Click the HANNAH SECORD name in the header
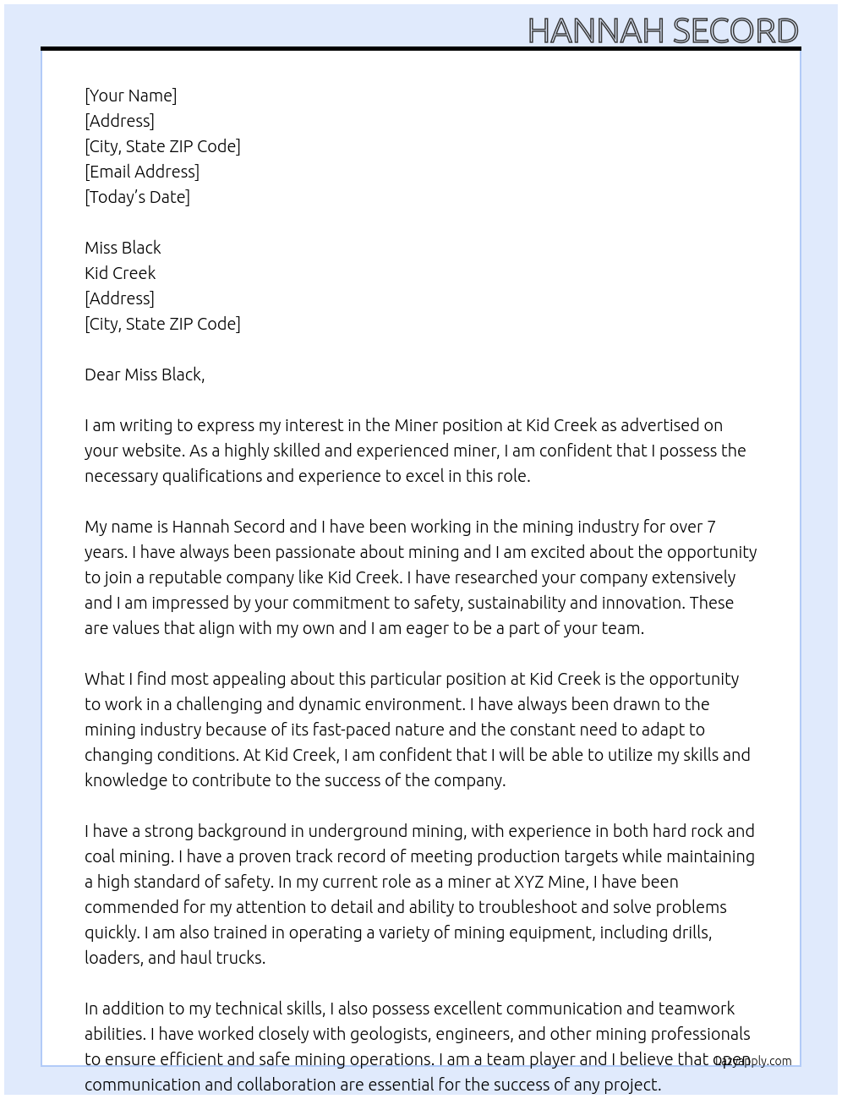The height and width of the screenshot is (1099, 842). (663, 30)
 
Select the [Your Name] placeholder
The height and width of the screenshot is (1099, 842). (130, 96)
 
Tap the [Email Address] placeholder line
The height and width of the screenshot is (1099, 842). (142, 172)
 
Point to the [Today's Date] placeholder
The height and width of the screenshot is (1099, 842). (137, 197)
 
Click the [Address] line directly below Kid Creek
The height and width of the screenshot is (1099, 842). (119, 298)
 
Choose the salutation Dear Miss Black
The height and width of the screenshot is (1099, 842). (145, 375)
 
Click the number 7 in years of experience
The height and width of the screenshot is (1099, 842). (711, 527)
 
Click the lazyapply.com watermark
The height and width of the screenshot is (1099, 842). (752, 1061)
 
